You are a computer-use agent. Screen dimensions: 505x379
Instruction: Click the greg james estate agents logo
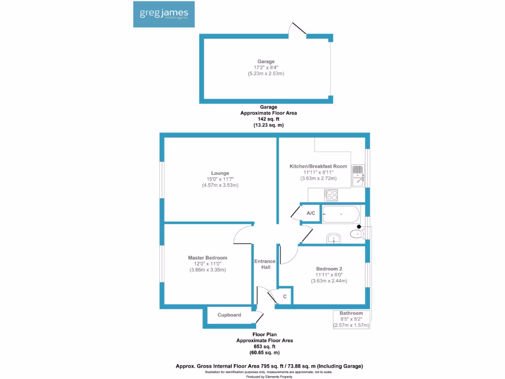[164, 14]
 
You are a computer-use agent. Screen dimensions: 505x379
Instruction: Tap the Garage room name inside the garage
[266, 61]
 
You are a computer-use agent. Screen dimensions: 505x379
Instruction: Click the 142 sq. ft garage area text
[269, 119]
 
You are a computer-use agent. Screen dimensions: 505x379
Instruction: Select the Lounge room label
[220, 173]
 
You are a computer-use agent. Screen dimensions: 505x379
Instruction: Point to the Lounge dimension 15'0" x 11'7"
[220, 179]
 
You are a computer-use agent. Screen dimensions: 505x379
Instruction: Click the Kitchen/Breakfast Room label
[318, 166]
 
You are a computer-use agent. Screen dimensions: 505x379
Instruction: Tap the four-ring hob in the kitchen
[331, 195]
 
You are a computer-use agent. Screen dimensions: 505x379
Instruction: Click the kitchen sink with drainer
[358, 176]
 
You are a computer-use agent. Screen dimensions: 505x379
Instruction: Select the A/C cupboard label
[311, 213]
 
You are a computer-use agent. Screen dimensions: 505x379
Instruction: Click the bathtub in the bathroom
[341, 214]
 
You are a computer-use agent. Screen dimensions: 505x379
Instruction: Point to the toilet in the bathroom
[358, 233]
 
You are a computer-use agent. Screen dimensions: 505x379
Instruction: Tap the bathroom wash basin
[334, 238]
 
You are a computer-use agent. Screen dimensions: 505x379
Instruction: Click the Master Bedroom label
[208, 258]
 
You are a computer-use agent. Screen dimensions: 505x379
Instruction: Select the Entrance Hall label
[265, 265]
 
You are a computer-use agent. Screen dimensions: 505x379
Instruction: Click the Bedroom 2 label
[329, 269]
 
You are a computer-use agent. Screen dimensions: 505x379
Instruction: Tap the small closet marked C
[285, 296]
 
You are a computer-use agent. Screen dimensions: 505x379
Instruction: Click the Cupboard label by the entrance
[229, 315]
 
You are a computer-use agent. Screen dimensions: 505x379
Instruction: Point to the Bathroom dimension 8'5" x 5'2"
[351, 319]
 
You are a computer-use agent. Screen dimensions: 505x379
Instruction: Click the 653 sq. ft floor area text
[265, 346]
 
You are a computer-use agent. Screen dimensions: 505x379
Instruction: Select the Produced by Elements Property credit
[269, 377]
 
